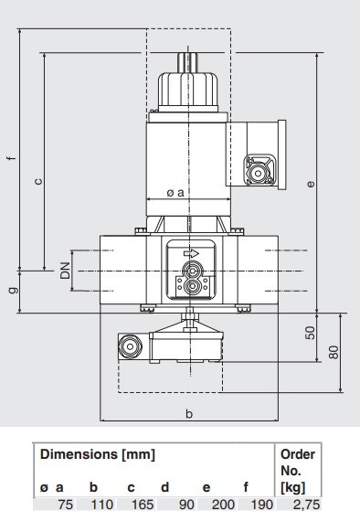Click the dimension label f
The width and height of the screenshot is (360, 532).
(x=12, y=158)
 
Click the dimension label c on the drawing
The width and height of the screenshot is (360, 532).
(x=38, y=181)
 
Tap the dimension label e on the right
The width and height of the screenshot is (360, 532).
(x=310, y=184)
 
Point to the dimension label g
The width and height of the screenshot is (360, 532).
(x=13, y=291)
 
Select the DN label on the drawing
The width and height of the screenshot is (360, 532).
(x=65, y=271)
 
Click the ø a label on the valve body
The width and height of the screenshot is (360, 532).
(x=175, y=193)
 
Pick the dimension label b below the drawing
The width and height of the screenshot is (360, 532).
(x=189, y=413)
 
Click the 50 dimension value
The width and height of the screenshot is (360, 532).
(x=310, y=333)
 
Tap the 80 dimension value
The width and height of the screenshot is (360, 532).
(x=334, y=352)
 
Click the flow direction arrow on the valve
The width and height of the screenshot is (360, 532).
(x=191, y=253)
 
